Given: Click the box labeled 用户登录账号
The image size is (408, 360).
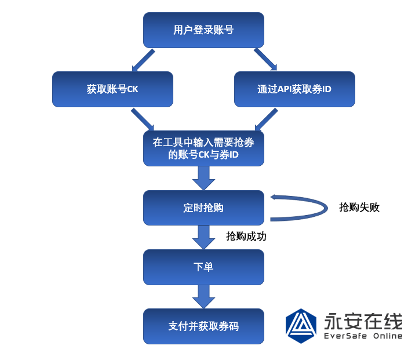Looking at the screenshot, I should tap(203, 30).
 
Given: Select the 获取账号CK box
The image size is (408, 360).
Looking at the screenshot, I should tap(112, 89).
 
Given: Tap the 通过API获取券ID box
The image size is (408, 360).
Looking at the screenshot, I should tap(294, 89).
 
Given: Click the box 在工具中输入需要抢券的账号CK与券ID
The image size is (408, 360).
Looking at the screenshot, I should tap(203, 148).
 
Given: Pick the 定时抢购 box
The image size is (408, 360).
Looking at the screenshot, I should tap(203, 208).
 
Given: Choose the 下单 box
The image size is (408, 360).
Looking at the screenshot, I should tap(203, 267).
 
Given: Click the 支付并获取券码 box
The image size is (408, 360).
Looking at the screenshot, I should tap(203, 326).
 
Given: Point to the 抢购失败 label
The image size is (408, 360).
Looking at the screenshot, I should tap(359, 207).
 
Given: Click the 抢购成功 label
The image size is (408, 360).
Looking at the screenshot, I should tap(246, 236).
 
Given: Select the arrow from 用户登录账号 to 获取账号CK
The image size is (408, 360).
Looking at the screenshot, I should tap(143, 60).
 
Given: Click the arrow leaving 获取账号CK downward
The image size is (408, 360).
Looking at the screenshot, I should tap(143, 120).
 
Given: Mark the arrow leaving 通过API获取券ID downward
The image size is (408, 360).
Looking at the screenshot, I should tap(265, 120).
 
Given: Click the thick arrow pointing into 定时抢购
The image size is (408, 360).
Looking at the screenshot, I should tap(203, 178).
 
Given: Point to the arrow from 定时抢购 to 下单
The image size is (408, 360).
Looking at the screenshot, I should tap(203, 237).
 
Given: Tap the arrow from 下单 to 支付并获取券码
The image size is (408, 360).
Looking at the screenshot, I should tap(203, 297).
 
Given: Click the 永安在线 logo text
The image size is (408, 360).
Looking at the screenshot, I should tap(363, 321).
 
